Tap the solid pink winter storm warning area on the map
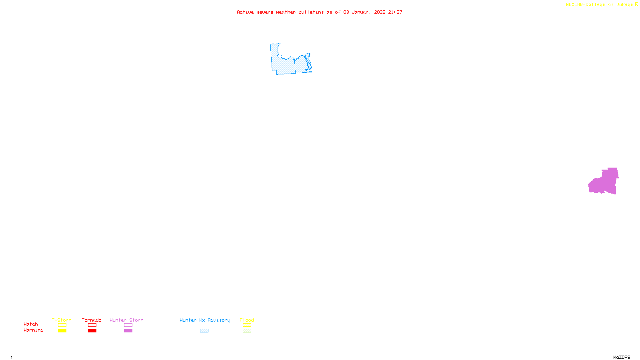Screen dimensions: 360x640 pos(604,182)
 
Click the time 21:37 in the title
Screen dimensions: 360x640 pos(395,12)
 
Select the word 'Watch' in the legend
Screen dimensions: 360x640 pos(31,324)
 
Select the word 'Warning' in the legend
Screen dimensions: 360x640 pos(34,330)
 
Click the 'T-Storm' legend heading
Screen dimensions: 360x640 pos(62,320)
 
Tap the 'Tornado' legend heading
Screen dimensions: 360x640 pos(92,320)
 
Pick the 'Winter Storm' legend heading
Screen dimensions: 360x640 pos(126,320)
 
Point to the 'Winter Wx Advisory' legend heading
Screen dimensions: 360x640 pos(205,320)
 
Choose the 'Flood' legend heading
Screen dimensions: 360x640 pos(247,320)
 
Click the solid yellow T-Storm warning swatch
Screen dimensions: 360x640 pos(62,331)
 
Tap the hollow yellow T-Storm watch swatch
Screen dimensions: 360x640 pos(62,325)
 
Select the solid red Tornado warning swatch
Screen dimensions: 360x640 pos(92,331)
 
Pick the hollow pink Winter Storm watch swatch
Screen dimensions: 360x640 pos(128,325)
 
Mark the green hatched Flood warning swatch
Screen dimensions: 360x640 pos(247,331)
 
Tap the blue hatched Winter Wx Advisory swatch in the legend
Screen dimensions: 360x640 pos(204,331)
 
